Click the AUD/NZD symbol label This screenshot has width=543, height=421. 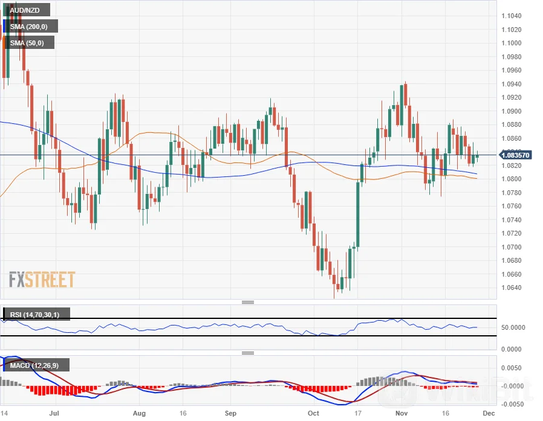[x=25, y=10]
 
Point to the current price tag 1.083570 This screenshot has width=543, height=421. [x=515, y=155]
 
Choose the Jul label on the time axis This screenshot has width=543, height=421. [x=54, y=414]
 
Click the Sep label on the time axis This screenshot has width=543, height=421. [x=229, y=414]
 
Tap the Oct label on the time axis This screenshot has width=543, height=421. [x=313, y=414]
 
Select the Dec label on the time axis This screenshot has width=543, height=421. [x=489, y=414]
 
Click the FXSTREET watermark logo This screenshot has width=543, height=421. [x=42, y=280]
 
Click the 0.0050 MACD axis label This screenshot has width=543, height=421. [x=513, y=368]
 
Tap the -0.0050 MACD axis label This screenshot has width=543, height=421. [x=512, y=403]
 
